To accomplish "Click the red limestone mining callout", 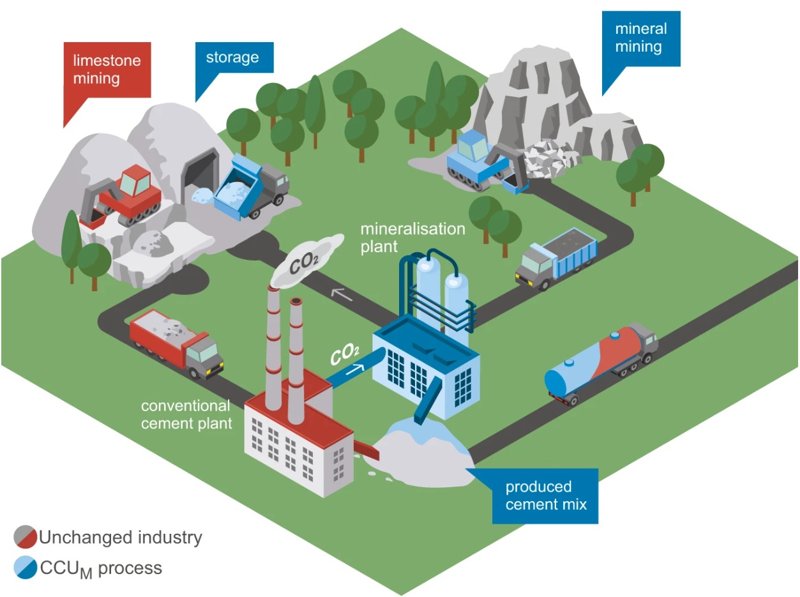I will coord(107,70).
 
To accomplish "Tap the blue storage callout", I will coord(232,57).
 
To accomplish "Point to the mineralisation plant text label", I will coord(412,238).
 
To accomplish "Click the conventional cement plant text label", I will coord(185,414).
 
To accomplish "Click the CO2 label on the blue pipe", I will coord(345,354).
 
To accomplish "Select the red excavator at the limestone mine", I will coord(125,196).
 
